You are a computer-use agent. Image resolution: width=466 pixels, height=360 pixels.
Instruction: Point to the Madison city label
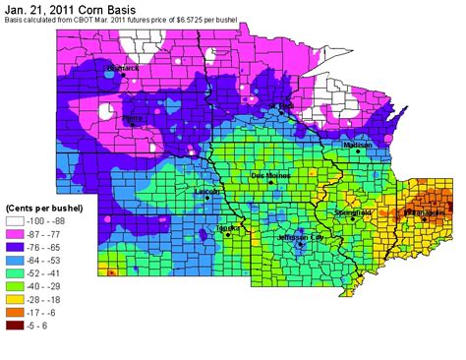click(358, 144)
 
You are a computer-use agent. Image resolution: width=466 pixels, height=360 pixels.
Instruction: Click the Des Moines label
click(270, 175)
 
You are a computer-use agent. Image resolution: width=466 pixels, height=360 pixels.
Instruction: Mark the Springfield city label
click(352, 211)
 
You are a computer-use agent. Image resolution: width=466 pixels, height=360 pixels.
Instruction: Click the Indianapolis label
click(424, 211)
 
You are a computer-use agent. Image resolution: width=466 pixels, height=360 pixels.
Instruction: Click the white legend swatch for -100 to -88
click(16, 223)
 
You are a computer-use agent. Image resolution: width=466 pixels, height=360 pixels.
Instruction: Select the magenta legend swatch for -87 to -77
click(16, 237)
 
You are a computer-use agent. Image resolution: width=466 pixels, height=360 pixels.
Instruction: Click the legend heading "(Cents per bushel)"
click(44, 210)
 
